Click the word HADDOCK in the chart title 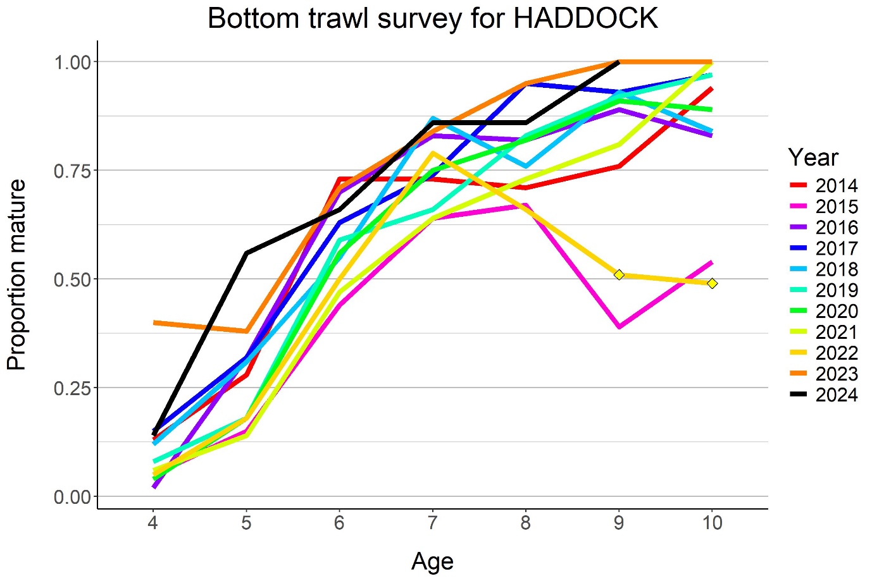click(585, 18)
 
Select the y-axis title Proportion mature click(17, 274)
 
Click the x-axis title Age click(432, 561)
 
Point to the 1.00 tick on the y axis click(73, 62)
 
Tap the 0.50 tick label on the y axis click(73, 279)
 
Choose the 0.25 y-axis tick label click(73, 388)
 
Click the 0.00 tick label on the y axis click(73, 497)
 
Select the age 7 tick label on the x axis click(432, 523)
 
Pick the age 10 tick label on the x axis click(712, 523)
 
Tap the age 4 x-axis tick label click(153, 523)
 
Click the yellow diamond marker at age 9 click(619, 274)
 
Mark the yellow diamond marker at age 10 click(712, 283)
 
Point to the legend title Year click(813, 157)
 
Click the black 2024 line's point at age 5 click(246, 253)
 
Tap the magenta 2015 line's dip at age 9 click(619, 327)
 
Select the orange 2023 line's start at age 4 click(154, 322)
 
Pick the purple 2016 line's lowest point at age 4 click(154, 486)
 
